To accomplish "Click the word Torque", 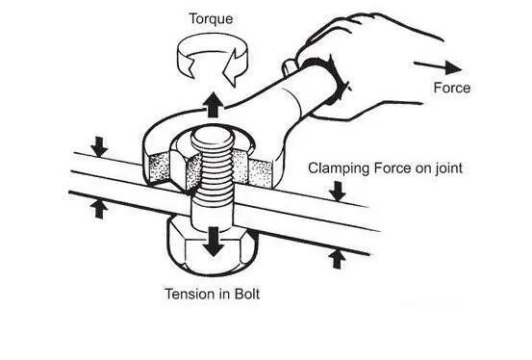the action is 211,19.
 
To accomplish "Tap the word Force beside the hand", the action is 452,88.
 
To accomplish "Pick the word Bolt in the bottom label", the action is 247,294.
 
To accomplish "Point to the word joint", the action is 449,168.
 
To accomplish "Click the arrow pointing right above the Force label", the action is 438,67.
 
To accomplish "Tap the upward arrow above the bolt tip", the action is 213,105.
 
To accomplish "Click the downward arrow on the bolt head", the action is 214,242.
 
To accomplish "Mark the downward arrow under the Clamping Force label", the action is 338,191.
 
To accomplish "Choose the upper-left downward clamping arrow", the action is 99,146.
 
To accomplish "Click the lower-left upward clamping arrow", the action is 99,209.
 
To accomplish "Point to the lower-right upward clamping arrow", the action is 337,259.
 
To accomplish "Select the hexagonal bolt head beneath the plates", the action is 212,246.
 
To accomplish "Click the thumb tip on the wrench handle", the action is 289,67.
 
